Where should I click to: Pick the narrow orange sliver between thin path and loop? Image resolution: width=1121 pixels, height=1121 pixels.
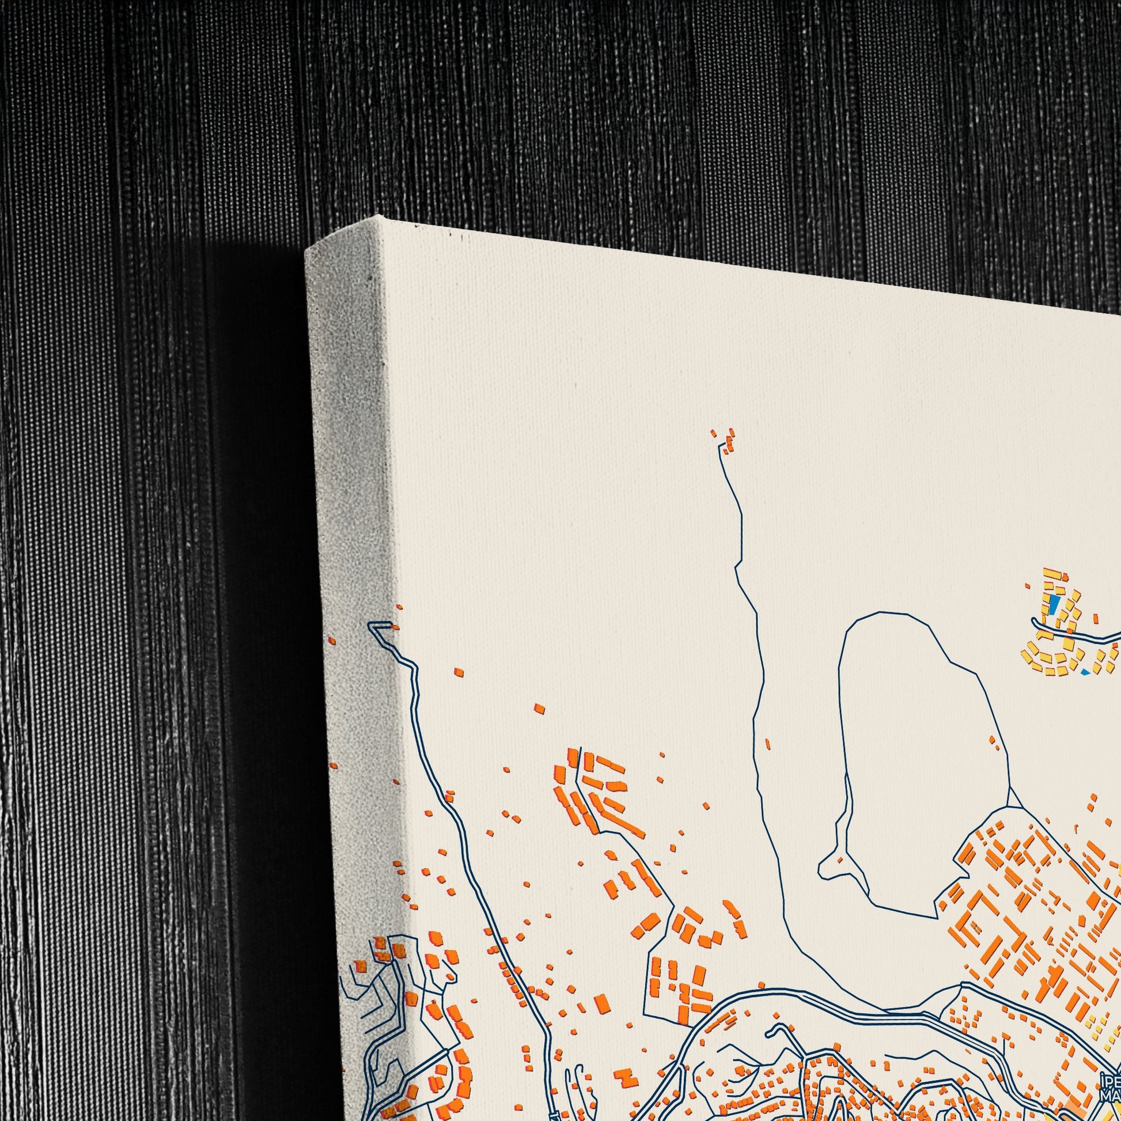click(x=768, y=744)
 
